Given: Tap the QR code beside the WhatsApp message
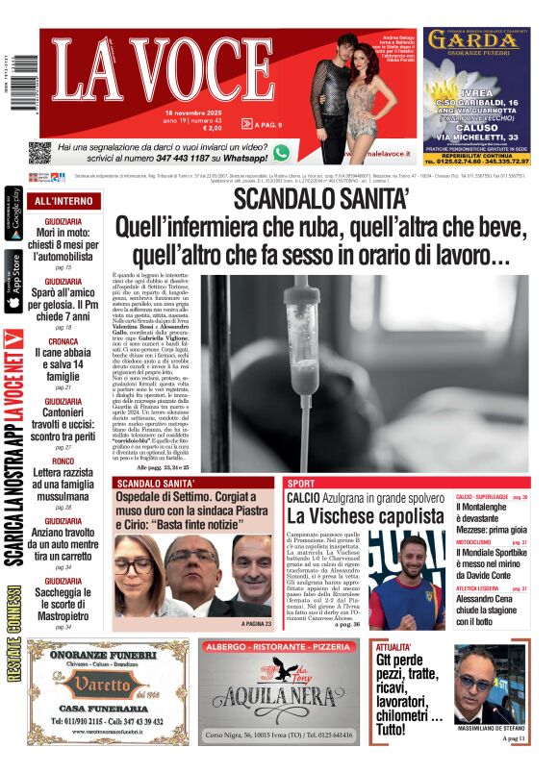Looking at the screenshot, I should [x=39, y=153].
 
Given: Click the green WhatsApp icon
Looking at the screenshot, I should [x=281, y=152].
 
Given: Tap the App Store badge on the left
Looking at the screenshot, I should [x=13, y=282].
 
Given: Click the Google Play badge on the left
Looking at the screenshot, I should [x=13, y=212].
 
